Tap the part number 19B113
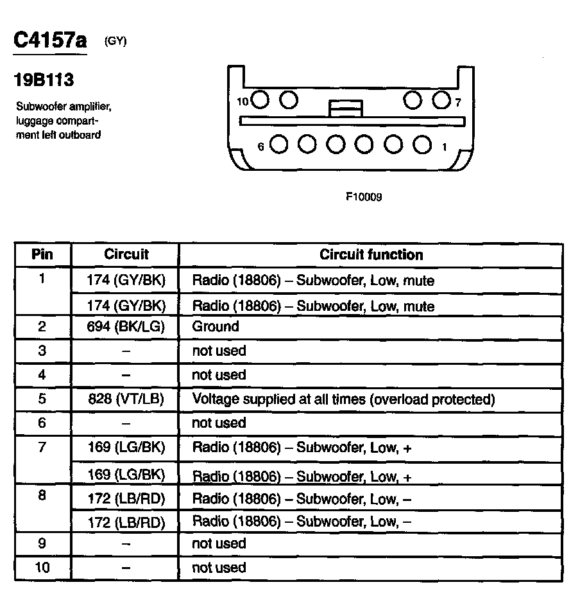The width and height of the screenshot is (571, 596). click(x=44, y=80)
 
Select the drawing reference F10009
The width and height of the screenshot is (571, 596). click(x=364, y=197)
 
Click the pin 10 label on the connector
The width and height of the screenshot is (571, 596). click(x=242, y=101)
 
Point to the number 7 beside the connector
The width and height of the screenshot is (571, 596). click(x=458, y=102)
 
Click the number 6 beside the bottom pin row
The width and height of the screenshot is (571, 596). click(x=261, y=146)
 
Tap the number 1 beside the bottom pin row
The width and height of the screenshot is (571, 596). click(x=444, y=147)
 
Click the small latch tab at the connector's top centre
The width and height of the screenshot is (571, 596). click(x=345, y=108)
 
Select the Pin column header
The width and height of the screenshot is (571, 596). click(x=42, y=254)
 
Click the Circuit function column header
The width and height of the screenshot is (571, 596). click(x=371, y=254)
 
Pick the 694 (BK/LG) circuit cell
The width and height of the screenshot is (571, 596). click(x=126, y=326)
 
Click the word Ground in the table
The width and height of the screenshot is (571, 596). click(x=216, y=326)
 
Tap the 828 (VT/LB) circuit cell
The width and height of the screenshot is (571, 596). click(x=126, y=399)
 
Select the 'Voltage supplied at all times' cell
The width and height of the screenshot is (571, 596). click(x=344, y=399)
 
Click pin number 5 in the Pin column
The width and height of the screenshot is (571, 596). click(x=42, y=399)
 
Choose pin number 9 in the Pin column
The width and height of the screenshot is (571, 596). click(x=42, y=543)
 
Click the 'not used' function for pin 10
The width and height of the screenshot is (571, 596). click(x=219, y=568)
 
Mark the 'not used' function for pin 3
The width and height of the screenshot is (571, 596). click(x=219, y=351)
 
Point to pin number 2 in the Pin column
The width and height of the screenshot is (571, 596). click(x=42, y=326)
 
